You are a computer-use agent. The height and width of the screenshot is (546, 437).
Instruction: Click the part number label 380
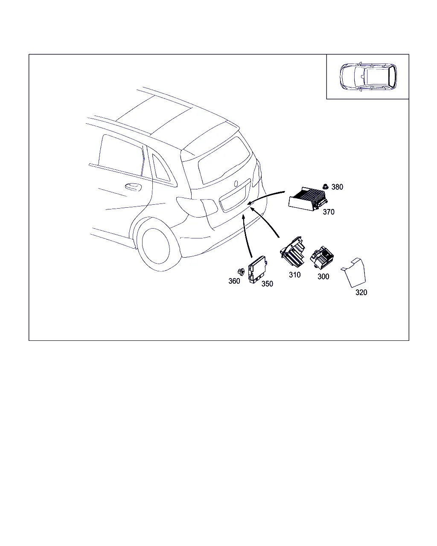click(x=337, y=187)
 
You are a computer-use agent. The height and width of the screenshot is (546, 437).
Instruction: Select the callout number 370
click(x=328, y=212)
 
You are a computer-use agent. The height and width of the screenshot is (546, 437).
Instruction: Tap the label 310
click(x=294, y=275)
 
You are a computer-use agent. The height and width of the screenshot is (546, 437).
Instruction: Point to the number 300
click(x=323, y=276)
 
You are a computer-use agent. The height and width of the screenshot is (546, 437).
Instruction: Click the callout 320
click(x=361, y=293)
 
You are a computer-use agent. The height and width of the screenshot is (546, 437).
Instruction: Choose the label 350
click(x=267, y=284)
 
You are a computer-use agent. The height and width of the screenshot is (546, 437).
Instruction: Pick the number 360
click(x=234, y=281)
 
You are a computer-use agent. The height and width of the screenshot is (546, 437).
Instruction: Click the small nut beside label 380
click(x=325, y=186)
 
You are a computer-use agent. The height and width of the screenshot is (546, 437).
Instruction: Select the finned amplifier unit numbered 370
click(x=308, y=199)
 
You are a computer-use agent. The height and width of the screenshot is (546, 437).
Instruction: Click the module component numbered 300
click(x=322, y=257)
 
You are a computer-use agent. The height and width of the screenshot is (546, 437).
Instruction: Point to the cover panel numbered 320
click(x=354, y=273)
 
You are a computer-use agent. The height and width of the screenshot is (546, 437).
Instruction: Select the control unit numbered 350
click(x=257, y=270)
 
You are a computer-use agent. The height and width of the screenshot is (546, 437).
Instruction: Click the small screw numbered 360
click(x=241, y=272)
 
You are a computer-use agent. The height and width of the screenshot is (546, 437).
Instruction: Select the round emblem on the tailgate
click(x=236, y=184)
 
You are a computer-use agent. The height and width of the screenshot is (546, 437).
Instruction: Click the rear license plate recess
click(x=235, y=196)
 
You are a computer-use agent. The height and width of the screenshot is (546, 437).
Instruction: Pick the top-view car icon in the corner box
click(x=368, y=76)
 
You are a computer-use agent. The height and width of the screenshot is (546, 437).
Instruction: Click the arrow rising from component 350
click(x=245, y=236)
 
